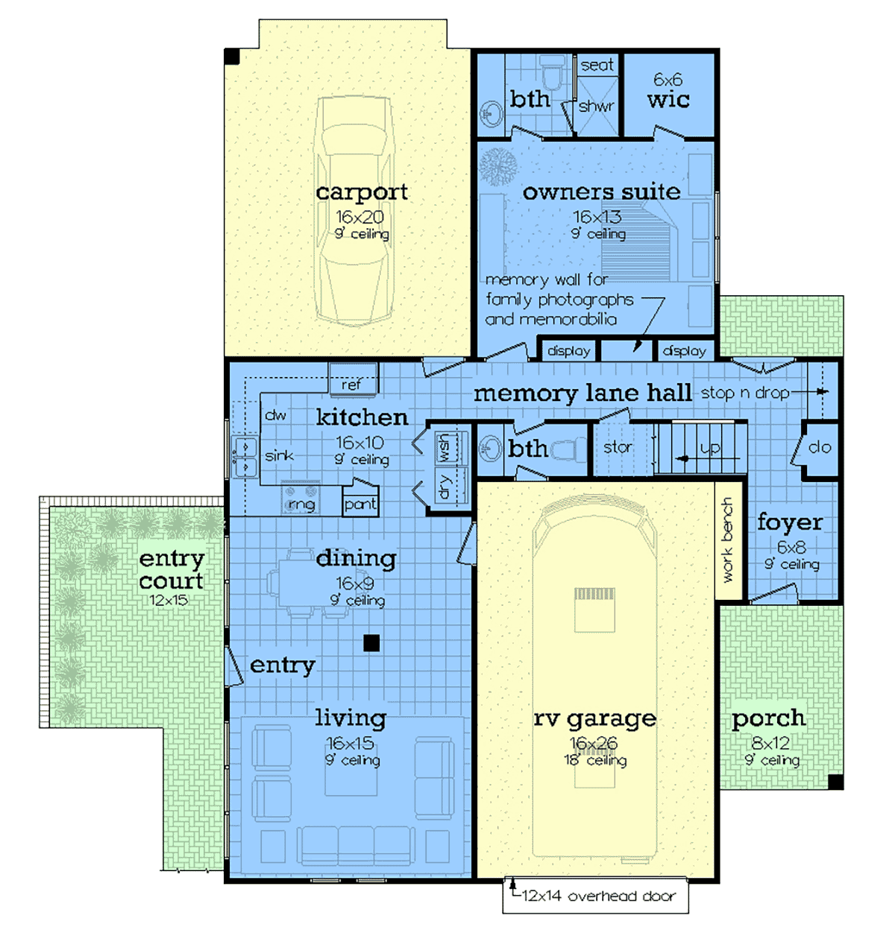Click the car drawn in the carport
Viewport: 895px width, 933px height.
tap(354, 211)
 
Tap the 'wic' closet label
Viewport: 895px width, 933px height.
tap(668, 100)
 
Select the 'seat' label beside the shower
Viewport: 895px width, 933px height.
tap(597, 65)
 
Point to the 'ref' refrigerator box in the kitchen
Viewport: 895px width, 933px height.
tap(354, 379)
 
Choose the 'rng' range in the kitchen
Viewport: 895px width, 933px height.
tap(301, 498)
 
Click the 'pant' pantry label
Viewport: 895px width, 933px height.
tap(360, 505)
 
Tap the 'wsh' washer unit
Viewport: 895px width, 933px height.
tap(451, 448)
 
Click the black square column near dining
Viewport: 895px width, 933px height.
tap(371, 643)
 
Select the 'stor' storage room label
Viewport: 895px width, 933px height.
tap(617, 447)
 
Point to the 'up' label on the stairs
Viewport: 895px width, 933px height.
tap(710, 449)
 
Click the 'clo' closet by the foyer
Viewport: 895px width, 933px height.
tap(819, 447)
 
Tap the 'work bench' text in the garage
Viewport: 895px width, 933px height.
tap(727, 540)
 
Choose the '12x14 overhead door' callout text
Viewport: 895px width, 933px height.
tap(598, 896)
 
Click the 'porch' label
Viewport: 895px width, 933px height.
tap(768, 718)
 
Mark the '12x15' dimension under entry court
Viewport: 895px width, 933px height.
tap(168, 600)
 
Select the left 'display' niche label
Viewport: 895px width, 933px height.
tap(568, 351)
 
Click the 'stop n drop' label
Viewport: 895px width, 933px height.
tap(745, 393)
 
